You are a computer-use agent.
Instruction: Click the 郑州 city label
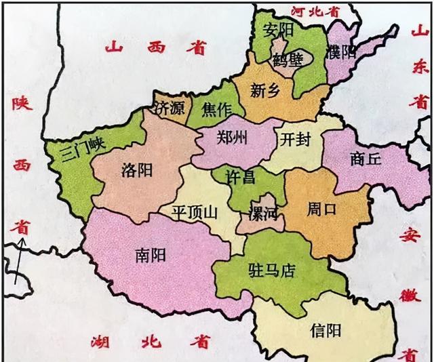point(232,138)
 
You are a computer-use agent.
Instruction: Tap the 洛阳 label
point(138,169)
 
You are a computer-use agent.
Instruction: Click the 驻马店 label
point(271,271)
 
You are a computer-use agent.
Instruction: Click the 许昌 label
point(241,178)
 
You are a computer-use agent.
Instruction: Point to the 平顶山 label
point(195,212)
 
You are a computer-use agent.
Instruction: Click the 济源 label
point(170,108)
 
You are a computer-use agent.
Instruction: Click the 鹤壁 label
point(288,59)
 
